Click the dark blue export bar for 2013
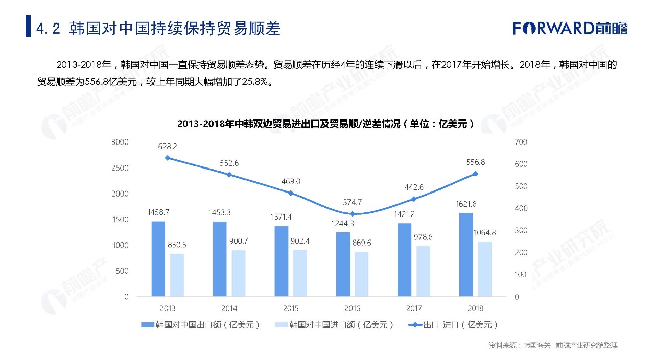[158, 259]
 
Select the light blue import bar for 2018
[484, 269]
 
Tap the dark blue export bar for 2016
[343, 265]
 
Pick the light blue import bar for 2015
[300, 273]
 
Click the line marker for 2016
[352, 214]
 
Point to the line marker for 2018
[475, 174]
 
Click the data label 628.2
[168, 147]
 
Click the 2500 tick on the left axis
[120, 168]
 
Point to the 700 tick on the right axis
[521, 142]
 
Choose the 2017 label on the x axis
[414, 309]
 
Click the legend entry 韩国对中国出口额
[201, 325]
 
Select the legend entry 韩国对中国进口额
[335, 325]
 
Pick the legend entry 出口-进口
[453, 325]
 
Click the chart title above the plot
[326, 124]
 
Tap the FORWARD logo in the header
[570, 28]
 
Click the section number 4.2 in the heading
[49, 29]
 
